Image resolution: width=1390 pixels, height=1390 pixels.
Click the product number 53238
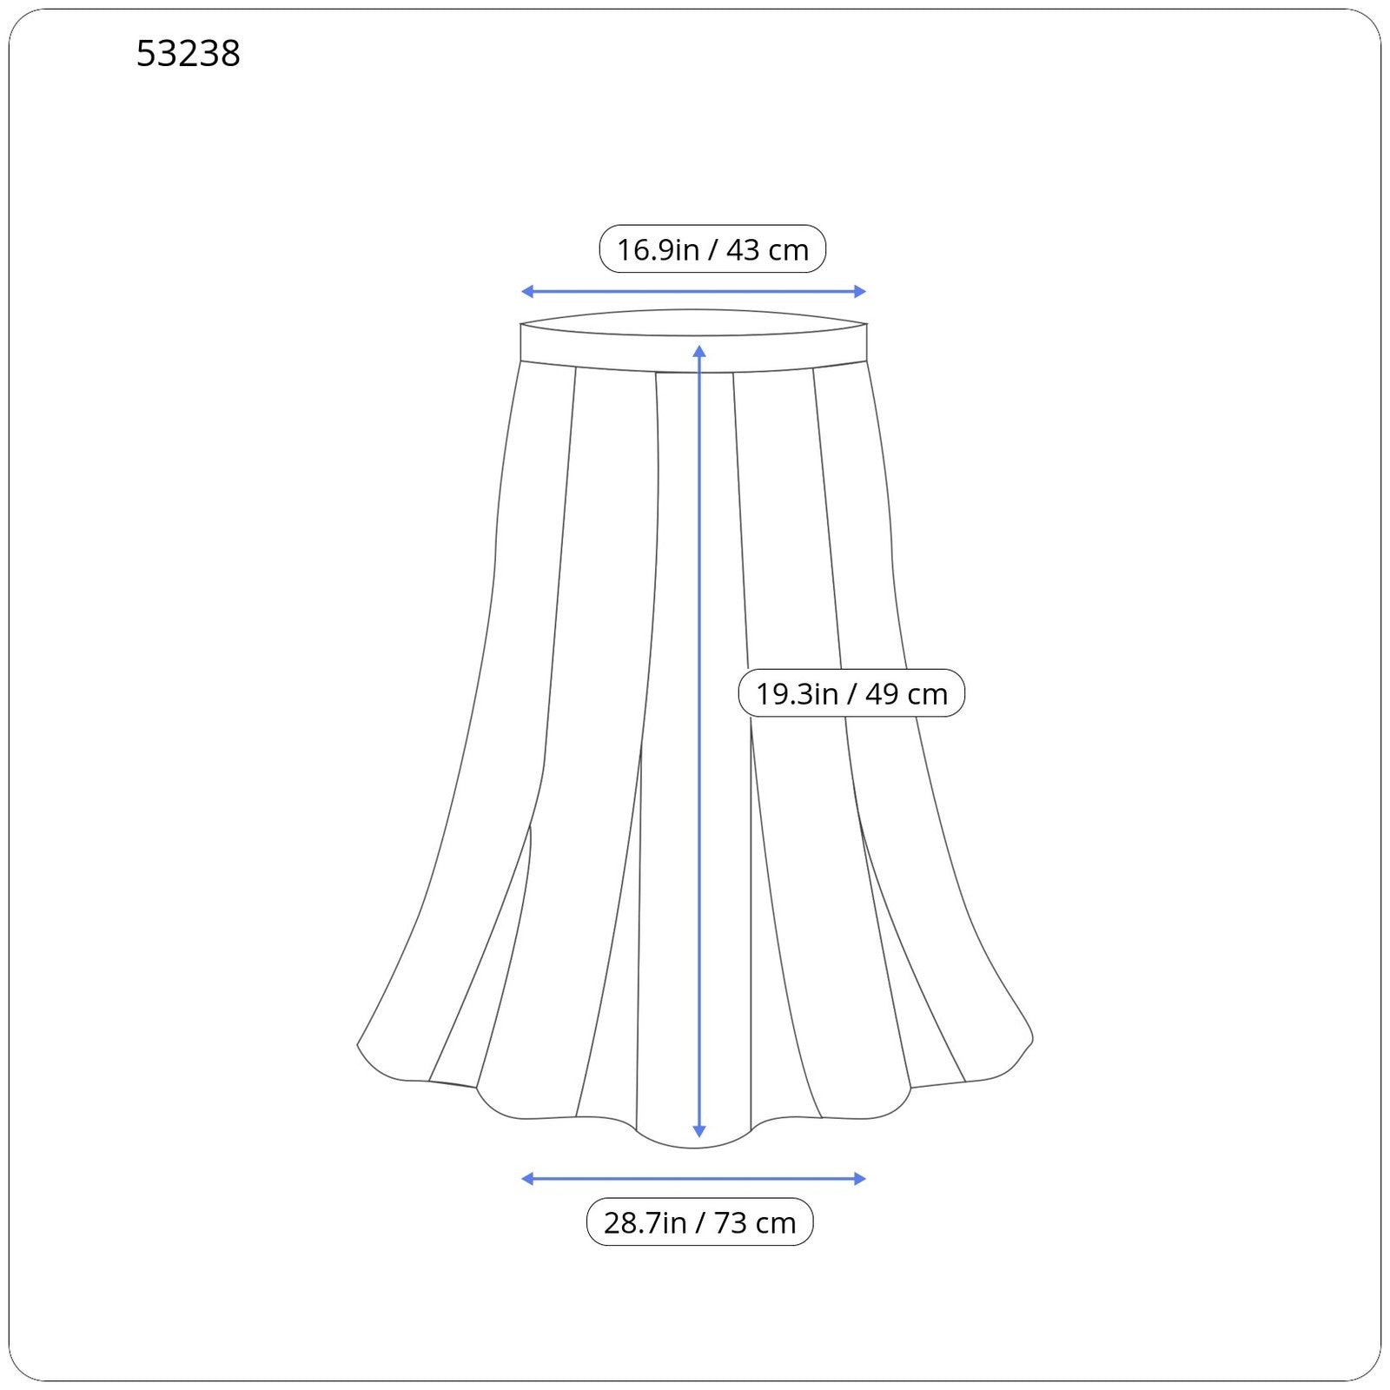(188, 54)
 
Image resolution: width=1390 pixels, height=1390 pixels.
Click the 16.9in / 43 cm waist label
(712, 249)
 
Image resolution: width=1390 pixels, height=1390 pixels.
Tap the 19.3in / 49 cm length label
(851, 693)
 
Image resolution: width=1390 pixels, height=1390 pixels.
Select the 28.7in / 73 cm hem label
(700, 1222)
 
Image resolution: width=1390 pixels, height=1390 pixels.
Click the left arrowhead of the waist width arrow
(526, 292)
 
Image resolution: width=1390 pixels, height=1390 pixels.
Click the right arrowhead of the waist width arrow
(861, 292)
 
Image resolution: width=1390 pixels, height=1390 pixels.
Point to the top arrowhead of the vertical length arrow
(699, 351)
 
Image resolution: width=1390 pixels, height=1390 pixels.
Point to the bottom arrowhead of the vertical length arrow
(699, 1131)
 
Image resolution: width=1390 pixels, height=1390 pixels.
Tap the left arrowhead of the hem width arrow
(526, 1179)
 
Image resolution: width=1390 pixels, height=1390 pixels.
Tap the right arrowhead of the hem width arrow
(861, 1179)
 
